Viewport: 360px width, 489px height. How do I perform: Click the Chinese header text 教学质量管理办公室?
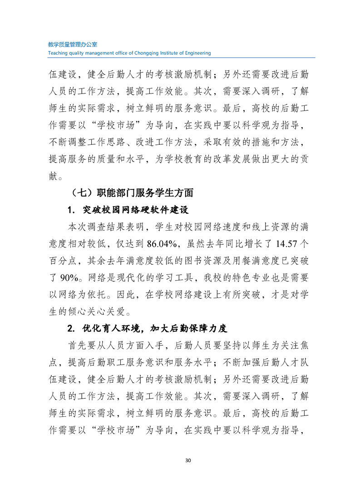[73, 45]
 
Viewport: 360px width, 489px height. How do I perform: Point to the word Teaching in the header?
[58, 53]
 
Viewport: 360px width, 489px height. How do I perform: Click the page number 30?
[188, 460]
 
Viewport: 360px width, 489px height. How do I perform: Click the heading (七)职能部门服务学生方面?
[133, 193]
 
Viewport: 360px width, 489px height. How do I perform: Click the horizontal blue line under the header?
[182, 58]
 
